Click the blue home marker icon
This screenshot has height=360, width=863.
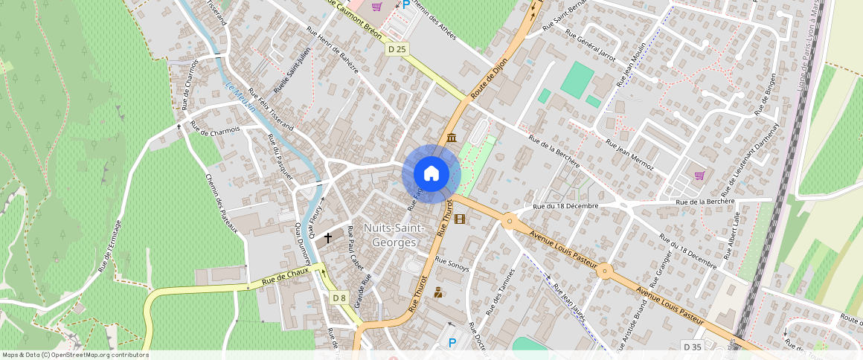(431, 174)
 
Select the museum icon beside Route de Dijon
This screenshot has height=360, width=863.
(452, 138)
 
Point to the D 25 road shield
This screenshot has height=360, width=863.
(397, 49)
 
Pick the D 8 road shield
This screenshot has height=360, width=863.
(339, 298)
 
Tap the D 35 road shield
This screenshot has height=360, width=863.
(692, 347)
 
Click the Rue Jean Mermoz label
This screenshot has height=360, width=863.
(629, 153)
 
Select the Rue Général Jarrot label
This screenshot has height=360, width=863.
(591, 46)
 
